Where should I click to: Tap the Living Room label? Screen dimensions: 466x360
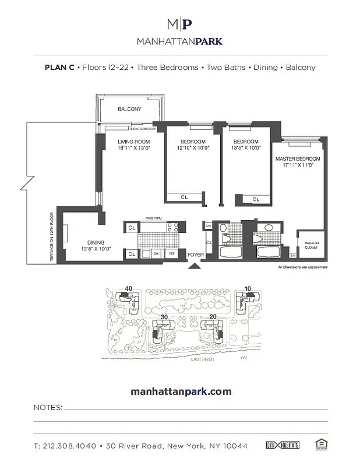[134, 142]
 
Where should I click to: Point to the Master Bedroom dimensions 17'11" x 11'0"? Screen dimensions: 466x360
[298, 165]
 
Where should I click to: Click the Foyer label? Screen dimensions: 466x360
[195, 255]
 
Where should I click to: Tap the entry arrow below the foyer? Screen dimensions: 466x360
[195, 266]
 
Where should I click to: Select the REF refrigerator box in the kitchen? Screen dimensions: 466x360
[172, 253]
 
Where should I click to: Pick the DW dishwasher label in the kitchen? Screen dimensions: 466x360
[157, 253]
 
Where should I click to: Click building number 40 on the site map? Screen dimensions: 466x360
[128, 288]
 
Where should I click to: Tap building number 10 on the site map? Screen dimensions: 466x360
[248, 288]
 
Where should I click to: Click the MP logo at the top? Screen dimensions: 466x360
[179, 24]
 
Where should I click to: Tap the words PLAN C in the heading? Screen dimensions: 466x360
[59, 67]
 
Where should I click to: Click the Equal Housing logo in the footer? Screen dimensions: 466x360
[319, 445]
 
